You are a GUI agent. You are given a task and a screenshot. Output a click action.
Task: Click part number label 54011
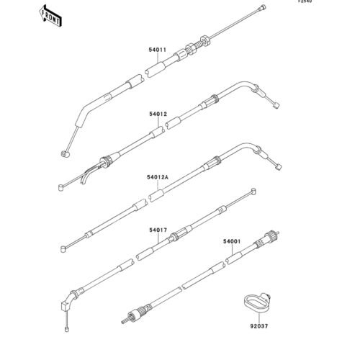[x=158, y=50]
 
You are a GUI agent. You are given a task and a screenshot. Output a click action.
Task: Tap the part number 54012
[x=158, y=114]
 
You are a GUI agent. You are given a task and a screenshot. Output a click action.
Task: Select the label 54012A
[x=158, y=177]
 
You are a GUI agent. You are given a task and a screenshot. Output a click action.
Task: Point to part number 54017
[x=158, y=230]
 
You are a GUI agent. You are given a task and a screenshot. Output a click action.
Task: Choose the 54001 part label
[x=232, y=241]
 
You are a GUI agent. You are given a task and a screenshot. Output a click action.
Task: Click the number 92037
[x=259, y=326]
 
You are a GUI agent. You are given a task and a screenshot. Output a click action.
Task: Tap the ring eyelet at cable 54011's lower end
[x=65, y=154]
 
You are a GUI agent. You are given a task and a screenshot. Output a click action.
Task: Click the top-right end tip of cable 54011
[x=264, y=7]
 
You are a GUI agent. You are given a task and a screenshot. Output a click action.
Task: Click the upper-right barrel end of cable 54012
[x=276, y=105]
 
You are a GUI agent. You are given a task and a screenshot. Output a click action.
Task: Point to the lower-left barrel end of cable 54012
[x=61, y=187]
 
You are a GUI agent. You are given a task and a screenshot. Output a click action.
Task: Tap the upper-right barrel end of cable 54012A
[x=279, y=167]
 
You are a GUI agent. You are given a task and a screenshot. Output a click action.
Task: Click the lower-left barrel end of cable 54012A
[x=63, y=249]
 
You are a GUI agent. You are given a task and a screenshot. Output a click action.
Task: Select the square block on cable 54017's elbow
[x=66, y=307]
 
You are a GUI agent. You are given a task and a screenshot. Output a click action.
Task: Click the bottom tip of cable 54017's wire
[x=67, y=329]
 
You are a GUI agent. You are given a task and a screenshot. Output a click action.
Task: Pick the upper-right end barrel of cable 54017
[x=253, y=192]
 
